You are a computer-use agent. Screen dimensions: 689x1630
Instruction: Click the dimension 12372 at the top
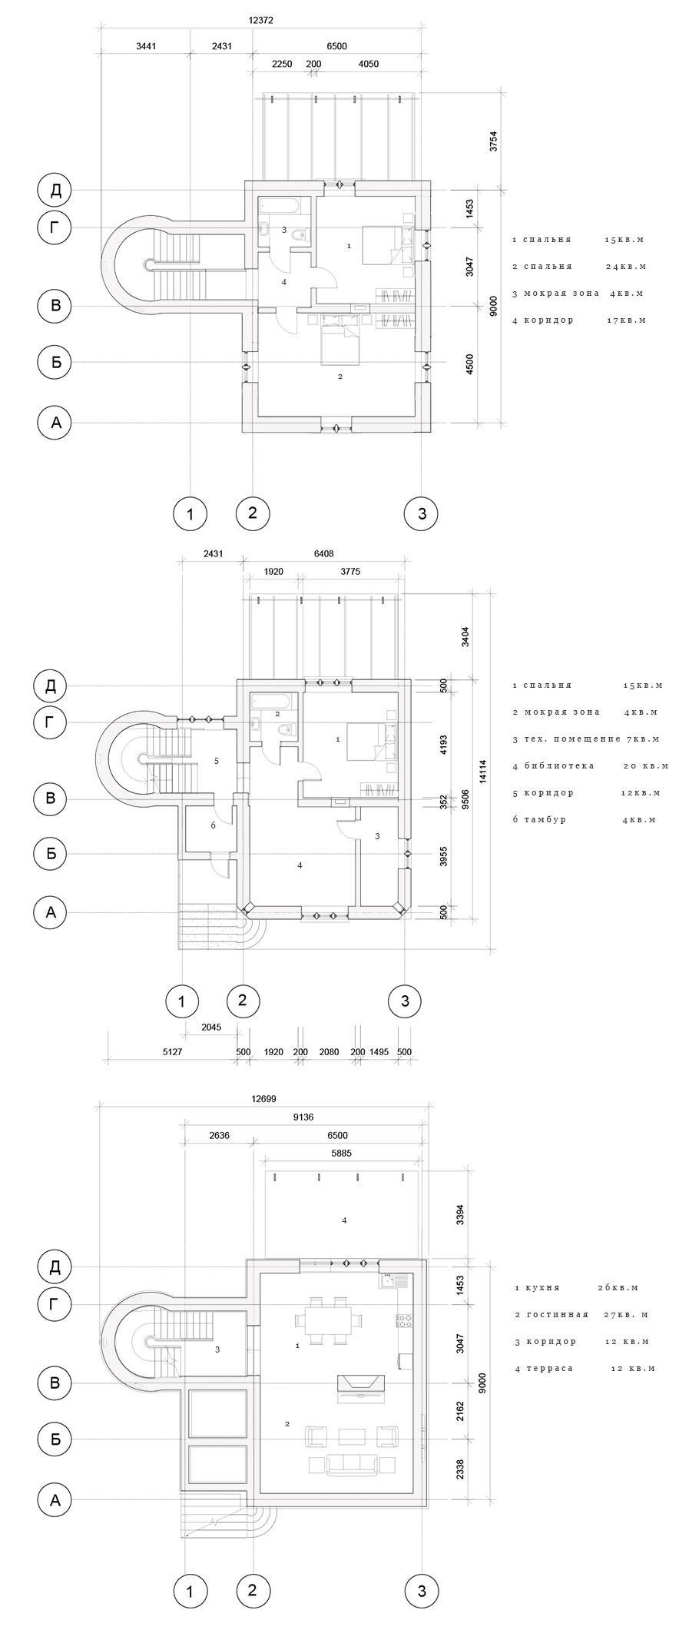(261, 22)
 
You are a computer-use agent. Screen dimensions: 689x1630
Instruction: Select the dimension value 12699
(263, 1098)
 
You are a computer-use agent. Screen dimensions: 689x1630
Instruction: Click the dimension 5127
(172, 1052)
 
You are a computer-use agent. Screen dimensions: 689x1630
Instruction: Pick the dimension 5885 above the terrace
(342, 1153)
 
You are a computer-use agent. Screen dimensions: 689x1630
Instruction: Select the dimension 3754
(494, 141)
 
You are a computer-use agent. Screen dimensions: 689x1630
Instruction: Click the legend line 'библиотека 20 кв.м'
(590, 766)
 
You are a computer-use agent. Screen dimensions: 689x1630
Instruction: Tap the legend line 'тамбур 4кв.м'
(584, 820)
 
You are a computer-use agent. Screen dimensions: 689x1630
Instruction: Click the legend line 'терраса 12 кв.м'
(585, 1369)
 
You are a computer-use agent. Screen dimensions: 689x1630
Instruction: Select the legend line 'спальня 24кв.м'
(579, 267)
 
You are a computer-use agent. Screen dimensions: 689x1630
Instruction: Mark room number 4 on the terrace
(344, 1220)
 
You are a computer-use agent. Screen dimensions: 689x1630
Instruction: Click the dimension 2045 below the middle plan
(210, 1027)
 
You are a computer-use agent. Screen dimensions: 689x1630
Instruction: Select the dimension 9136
(303, 1117)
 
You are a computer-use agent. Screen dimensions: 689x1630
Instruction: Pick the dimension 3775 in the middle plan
(350, 572)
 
